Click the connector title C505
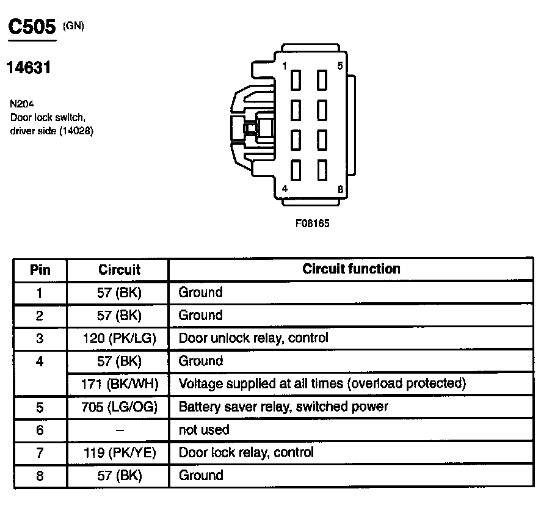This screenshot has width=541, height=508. click(x=31, y=27)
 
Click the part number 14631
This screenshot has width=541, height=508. click(x=28, y=68)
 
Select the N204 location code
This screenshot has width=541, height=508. click(x=21, y=104)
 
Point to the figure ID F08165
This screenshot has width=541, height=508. click(x=312, y=223)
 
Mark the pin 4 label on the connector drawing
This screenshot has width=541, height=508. click(x=285, y=189)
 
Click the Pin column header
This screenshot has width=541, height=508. click(x=40, y=269)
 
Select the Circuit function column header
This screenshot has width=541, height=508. click(x=351, y=269)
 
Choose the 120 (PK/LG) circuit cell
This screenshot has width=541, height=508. click(x=119, y=338)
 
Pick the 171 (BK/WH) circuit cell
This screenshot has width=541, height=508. click(x=119, y=384)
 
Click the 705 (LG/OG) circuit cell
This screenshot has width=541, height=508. click(x=119, y=407)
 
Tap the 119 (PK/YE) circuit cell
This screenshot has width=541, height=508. click(x=119, y=452)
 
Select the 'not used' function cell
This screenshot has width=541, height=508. click(x=204, y=430)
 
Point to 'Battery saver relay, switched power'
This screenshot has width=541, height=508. click(x=283, y=407)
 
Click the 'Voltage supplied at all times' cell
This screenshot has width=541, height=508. click(x=322, y=384)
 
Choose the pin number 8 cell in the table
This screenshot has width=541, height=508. click(x=40, y=476)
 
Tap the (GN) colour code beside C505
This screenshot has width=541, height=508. click(x=73, y=25)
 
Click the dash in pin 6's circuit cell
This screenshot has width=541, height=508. click(x=119, y=430)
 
